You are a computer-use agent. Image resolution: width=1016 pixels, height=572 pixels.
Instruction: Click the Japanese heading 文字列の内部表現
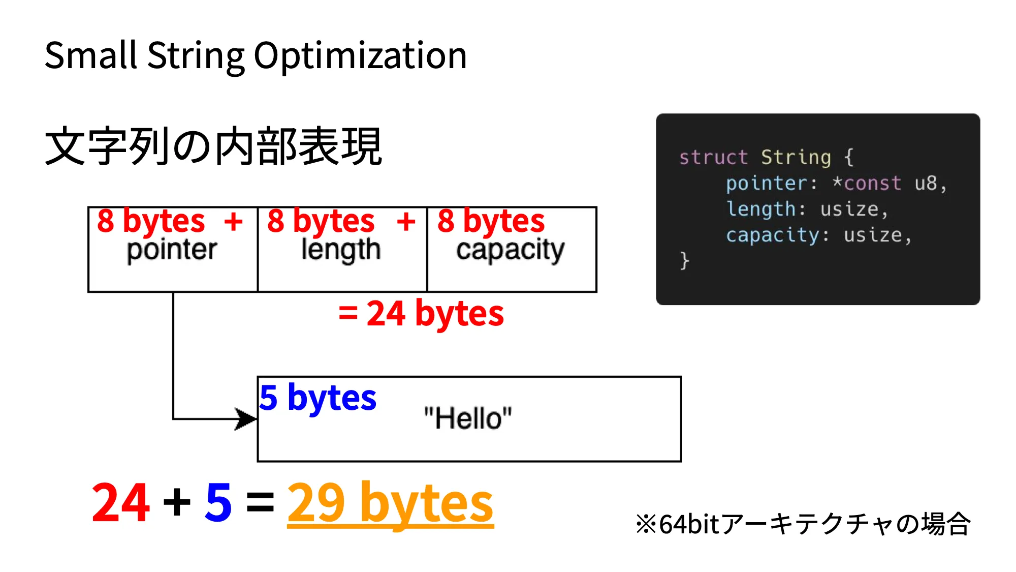(x=213, y=146)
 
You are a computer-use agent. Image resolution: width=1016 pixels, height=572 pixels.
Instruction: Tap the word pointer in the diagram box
(x=172, y=250)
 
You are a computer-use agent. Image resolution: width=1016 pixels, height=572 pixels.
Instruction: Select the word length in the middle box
(x=341, y=250)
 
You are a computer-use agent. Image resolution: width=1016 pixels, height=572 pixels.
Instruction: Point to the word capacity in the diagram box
(x=510, y=250)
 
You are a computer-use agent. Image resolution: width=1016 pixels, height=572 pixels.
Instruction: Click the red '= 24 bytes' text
(x=421, y=313)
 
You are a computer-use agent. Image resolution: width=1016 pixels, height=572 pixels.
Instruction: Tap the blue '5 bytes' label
(x=318, y=398)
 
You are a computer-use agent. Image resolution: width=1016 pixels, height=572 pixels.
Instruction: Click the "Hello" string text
(x=468, y=418)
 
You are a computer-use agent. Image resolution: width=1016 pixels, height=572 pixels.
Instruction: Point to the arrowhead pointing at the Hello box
(x=246, y=419)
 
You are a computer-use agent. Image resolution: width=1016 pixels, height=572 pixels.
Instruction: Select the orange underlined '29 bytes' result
(x=390, y=503)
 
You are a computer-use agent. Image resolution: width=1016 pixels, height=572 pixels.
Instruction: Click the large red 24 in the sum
(x=121, y=503)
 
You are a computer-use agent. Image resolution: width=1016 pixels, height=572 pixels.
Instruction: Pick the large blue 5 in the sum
(x=218, y=503)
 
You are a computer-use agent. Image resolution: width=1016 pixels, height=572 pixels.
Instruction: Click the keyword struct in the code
(x=713, y=158)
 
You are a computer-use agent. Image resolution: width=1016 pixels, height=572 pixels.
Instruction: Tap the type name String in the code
(x=796, y=158)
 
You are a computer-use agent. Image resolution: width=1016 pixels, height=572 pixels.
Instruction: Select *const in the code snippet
(x=867, y=183)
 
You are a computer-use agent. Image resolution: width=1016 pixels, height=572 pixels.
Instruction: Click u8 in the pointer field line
(x=926, y=183)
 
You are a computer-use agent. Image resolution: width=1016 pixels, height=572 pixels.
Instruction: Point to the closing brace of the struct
(x=684, y=260)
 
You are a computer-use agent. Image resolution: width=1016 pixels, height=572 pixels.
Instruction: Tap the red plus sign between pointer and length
(x=233, y=222)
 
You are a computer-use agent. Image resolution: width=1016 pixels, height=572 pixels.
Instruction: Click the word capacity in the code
(x=772, y=235)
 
